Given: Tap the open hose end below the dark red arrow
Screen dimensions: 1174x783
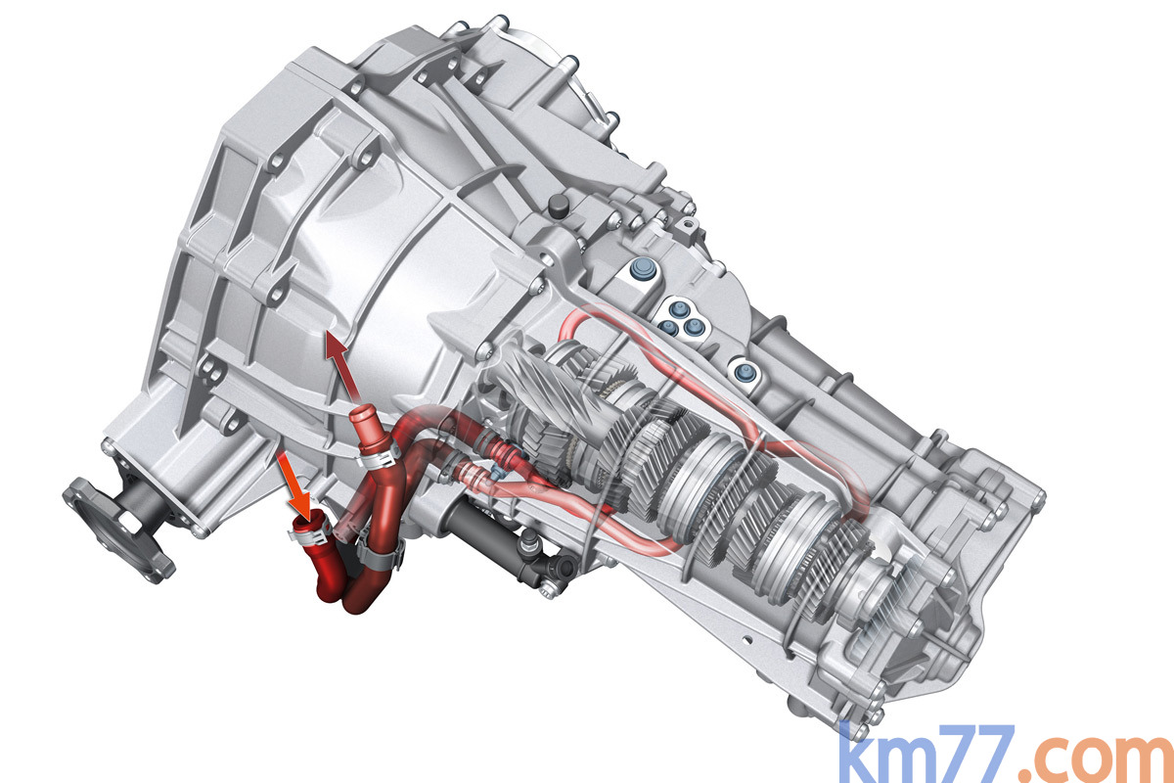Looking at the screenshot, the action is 361,413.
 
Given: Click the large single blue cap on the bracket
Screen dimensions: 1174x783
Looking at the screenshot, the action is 641,269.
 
